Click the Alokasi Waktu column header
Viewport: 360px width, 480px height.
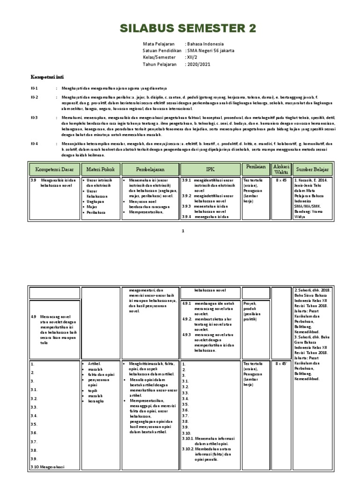tap(282, 168)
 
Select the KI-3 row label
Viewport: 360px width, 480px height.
tap(34, 118)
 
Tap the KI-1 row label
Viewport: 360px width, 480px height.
tap(34, 88)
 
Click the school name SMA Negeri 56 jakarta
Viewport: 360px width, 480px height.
tap(210, 50)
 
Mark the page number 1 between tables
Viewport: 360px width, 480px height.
tap(183, 231)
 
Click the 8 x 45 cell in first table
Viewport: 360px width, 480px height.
tap(282, 180)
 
